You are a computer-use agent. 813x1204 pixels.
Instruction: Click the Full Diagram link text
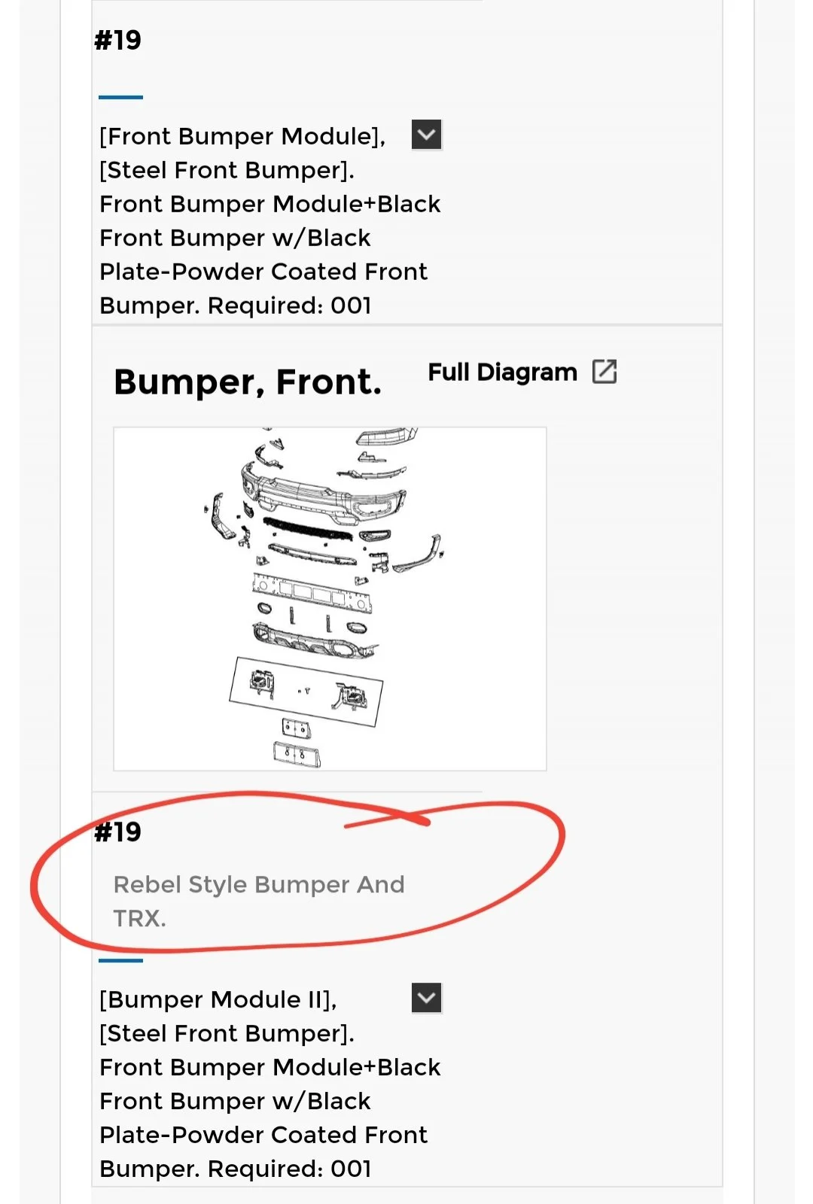point(502,372)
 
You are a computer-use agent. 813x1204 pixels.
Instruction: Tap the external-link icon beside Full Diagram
point(604,372)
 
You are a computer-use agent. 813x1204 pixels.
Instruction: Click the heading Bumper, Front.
point(248,382)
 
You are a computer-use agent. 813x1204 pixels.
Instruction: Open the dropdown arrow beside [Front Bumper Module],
point(426,135)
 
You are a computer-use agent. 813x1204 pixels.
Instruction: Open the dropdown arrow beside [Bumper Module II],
point(426,998)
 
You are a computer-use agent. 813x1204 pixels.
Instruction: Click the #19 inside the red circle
point(117,832)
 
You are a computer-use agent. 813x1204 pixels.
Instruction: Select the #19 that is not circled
point(117,41)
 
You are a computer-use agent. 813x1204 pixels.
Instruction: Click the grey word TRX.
point(139,919)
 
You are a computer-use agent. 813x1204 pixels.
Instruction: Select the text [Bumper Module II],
point(218,1000)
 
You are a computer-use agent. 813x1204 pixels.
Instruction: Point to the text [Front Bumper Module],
point(242,137)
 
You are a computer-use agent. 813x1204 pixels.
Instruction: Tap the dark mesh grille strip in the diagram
point(308,529)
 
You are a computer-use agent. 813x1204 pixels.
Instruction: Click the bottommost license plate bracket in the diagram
point(297,754)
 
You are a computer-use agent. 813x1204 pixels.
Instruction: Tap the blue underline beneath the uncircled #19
point(120,97)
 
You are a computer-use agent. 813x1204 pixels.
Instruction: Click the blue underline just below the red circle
point(120,960)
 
